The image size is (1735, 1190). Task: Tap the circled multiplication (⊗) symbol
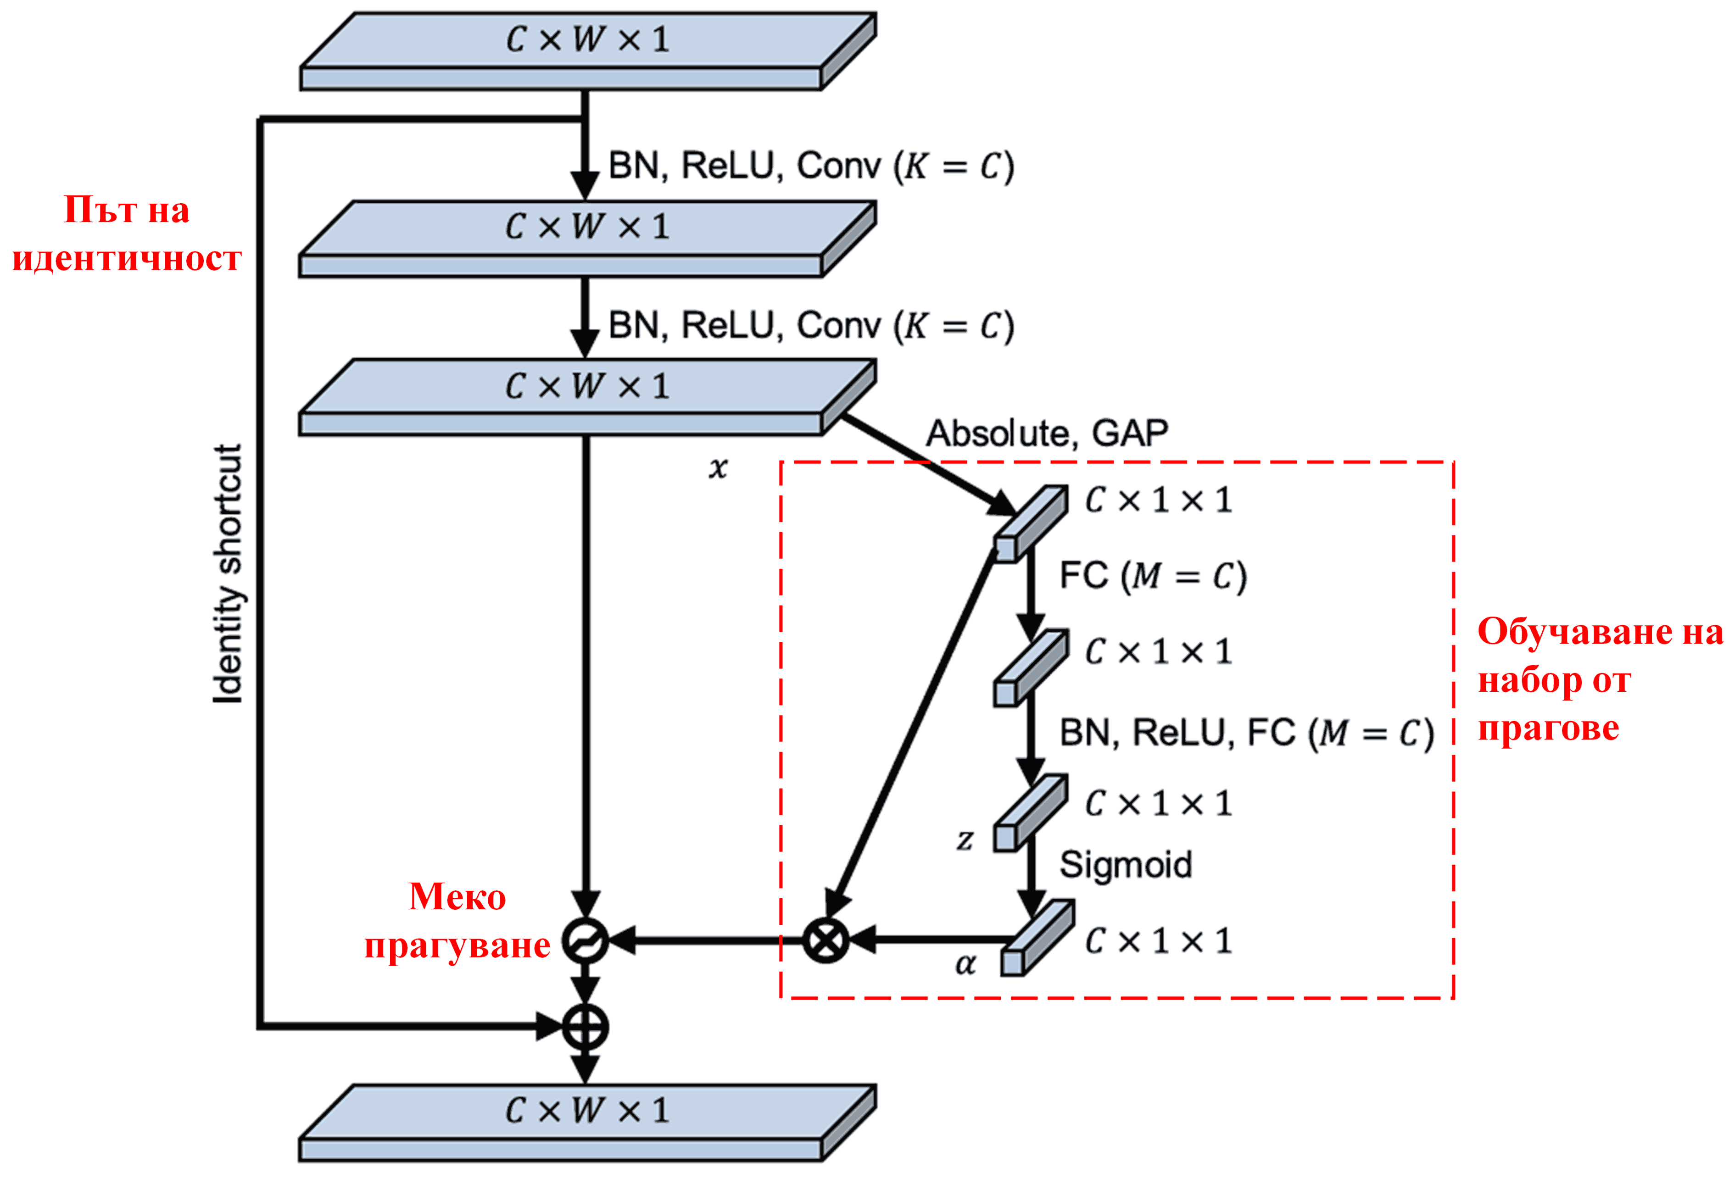tap(826, 940)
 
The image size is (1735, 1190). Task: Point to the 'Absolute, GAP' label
tap(1047, 433)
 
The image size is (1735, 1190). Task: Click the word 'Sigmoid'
tap(1126, 864)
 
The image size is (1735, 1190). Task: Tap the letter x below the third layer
tap(717, 468)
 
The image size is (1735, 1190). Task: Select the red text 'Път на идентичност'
tap(127, 234)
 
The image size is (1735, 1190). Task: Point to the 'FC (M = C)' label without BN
tap(1153, 576)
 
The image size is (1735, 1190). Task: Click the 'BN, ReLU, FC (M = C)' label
tap(1247, 733)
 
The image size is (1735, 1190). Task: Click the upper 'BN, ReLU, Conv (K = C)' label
tap(811, 166)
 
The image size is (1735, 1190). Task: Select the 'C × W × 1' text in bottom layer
tap(587, 1110)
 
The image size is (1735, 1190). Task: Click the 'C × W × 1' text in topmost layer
tap(587, 39)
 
